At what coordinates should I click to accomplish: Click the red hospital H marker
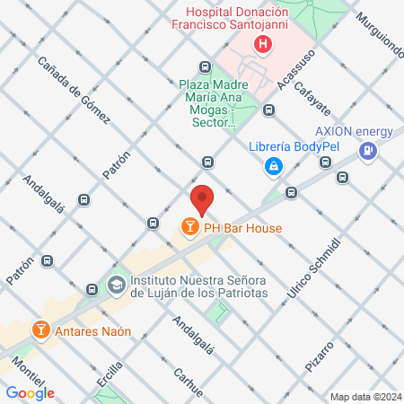(262, 44)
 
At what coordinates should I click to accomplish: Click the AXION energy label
(354, 132)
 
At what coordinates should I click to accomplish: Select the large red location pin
(202, 199)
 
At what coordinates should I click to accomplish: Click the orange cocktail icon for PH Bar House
(189, 228)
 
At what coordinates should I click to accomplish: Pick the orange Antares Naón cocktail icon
(40, 330)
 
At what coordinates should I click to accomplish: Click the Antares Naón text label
(92, 330)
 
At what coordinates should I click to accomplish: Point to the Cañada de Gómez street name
(74, 90)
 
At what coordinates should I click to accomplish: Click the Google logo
(30, 392)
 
